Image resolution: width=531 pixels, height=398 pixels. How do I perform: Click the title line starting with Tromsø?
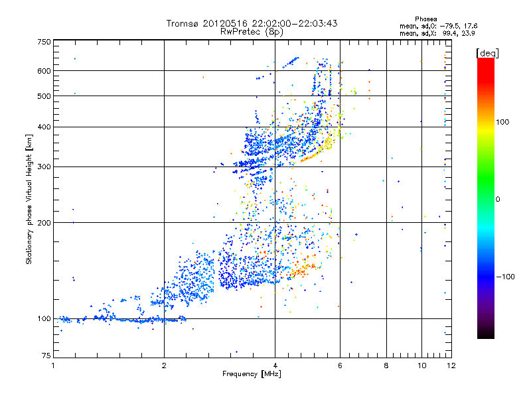pyautogui.click(x=252, y=23)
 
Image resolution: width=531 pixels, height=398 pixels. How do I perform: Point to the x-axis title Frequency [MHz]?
pyautogui.click(x=252, y=374)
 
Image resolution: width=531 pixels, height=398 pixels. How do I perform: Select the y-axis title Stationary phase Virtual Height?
pyautogui.click(x=29, y=199)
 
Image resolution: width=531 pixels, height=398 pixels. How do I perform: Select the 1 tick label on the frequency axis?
pyautogui.click(x=53, y=365)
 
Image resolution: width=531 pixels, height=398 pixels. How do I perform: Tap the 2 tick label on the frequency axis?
pyautogui.click(x=164, y=365)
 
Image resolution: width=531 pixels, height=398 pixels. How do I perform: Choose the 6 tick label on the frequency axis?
pyautogui.click(x=340, y=365)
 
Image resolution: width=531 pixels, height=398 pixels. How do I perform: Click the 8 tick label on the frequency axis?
pyautogui.click(x=386, y=365)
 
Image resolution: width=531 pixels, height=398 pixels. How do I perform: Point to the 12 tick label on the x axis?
pyautogui.click(x=450, y=365)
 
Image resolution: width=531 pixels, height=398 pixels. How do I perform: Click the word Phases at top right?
pyautogui.click(x=425, y=19)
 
